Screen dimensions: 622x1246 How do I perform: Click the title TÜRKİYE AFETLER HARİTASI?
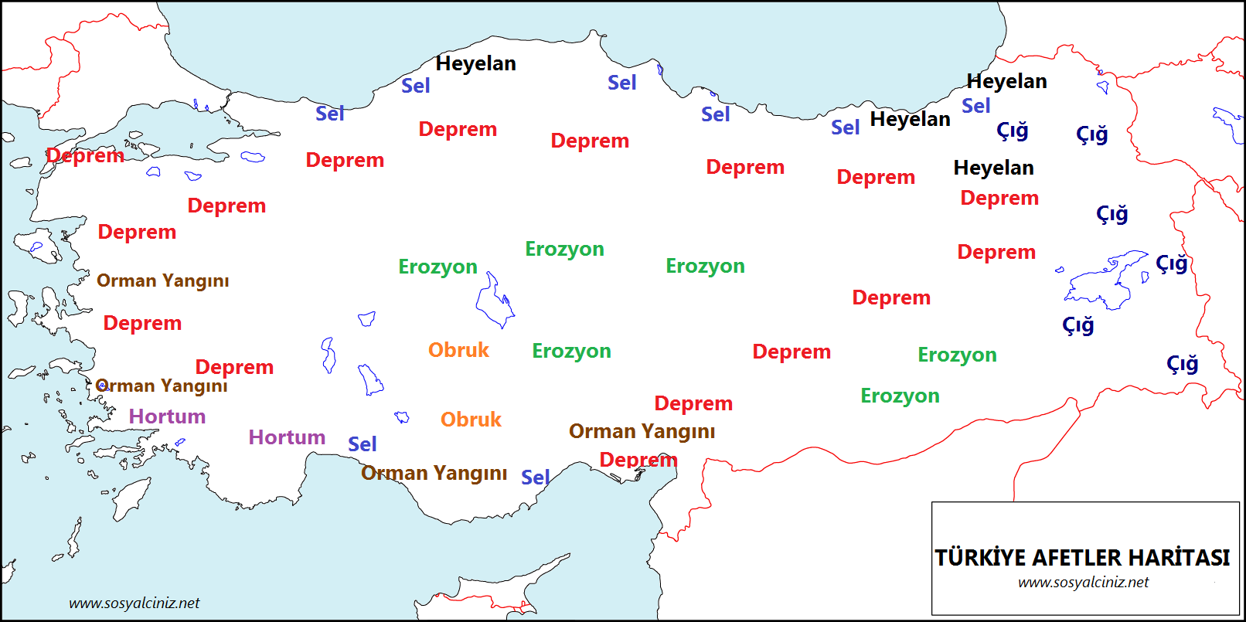point(1082,558)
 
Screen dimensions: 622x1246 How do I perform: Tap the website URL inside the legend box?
point(1083,583)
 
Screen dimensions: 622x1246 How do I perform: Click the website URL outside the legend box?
point(134,603)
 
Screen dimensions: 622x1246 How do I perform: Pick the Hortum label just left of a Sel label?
point(287,437)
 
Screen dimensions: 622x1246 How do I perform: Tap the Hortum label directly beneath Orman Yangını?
point(167,416)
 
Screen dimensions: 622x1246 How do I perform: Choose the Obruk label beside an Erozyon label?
point(458,350)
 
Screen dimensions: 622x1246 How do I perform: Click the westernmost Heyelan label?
point(475,63)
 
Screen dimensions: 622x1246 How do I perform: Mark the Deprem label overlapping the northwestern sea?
point(85,155)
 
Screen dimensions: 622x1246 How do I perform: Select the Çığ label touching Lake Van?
point(1171,263)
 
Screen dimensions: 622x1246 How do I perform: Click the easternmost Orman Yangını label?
point(642,431)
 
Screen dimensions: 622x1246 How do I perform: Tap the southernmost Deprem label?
point(638,460)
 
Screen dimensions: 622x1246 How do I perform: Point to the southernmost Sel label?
point(535,478)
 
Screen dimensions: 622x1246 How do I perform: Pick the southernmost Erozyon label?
point(900,396)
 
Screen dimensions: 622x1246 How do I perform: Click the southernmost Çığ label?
point(1182,364)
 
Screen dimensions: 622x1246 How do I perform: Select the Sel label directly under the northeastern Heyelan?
point(975,106)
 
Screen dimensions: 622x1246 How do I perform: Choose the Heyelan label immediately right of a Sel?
point(910,119)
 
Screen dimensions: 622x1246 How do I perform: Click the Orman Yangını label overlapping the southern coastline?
point(434,473)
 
